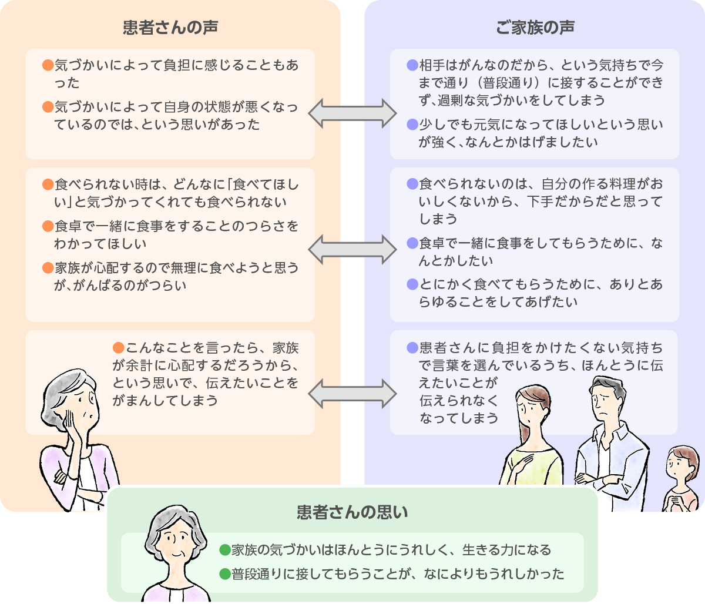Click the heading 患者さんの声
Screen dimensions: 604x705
pyautogui.click(x=170, y=28)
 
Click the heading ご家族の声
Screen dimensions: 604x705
pyautogui.click(x=535, y=28)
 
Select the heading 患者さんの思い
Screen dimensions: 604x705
pyautogui.click(x=352, y=512)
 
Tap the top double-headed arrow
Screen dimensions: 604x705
pyautogui.click(x=352, y=113)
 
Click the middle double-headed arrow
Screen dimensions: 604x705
pyautogui.click(x=352, y=250)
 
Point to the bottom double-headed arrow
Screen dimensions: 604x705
pyautogui.click(x=352, y=394)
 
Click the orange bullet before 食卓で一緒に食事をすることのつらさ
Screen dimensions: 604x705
pyautogui.click(x=48, y=226)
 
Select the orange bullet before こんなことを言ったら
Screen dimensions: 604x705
pyautogui.click(x=119, y=348)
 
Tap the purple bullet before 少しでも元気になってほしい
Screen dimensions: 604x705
pyautogui.click(x=412, y=125)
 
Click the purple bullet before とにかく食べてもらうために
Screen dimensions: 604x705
pyautogui.click(x=412, y=284)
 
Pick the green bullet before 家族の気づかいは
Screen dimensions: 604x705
pyautogui.click(x=224, y=550)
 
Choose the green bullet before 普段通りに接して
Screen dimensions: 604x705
pyautogui.click(x=224, y=573)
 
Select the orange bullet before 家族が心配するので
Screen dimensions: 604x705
pyautogui.click(x=48, y=268)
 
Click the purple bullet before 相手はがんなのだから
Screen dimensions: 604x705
pyautogui.click(x=412, y=65)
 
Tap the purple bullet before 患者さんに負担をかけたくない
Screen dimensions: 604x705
pyautogui.click(x=412, y=348)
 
